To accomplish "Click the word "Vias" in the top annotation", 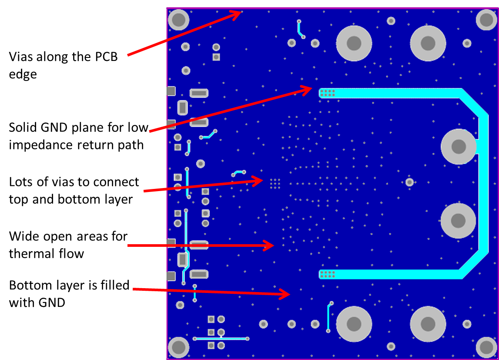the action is tap(21, 57).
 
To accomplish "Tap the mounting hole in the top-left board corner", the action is tap(178, 19).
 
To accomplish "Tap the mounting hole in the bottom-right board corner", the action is tap(486, 347).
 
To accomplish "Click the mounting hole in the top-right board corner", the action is tap(486, 19).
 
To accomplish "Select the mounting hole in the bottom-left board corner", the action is tap(178, 347).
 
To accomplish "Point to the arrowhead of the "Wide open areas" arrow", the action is tap(270, 246).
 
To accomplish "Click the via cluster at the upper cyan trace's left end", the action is tap(327, 93).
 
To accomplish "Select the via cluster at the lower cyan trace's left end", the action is tap(327, 274).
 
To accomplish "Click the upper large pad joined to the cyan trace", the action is tap(459, 146).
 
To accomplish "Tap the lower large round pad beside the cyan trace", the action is tap(458, 221).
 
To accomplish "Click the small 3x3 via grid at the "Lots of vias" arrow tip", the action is tap(275, 183).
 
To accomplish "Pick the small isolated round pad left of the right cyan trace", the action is tap(409, 182).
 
